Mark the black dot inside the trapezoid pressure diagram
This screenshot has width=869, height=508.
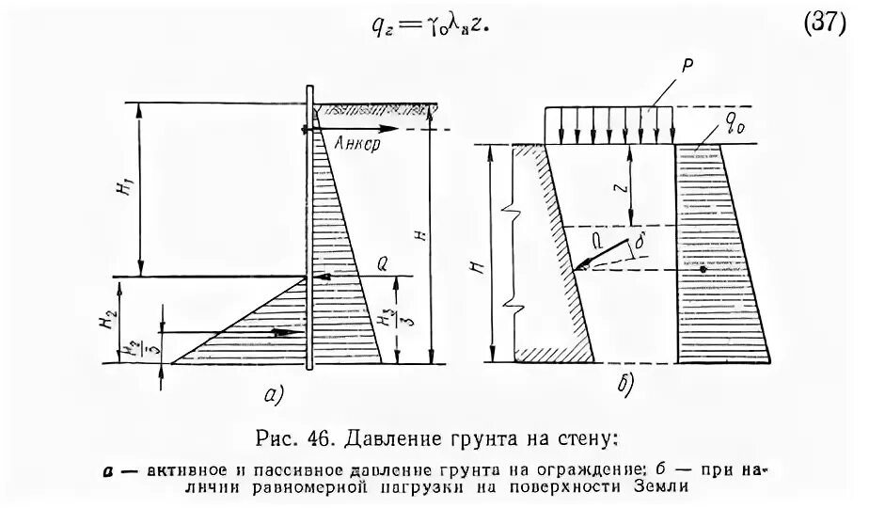pos(703,270)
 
